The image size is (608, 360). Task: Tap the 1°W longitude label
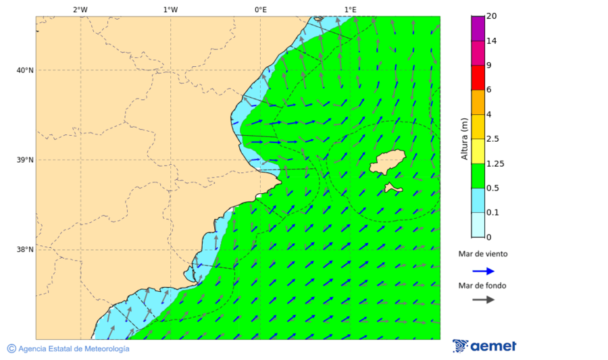click(x=170, y=9)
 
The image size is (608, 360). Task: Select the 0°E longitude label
click(x=260, y=9)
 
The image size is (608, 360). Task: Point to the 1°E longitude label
click(x=350, y=9)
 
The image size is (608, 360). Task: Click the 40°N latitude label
click(x=25, y=70)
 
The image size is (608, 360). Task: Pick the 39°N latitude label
click(x=25, y=160)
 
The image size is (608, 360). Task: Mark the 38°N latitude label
click(x=25, y=250)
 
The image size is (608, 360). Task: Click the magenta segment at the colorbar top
click(x=478, y=28)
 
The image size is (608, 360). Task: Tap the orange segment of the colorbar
click(x=478, y=102)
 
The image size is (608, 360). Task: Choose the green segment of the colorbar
click(x=478, y=176)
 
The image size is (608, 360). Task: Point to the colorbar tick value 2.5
click(x=492, y=139)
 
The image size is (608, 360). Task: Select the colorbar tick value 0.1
click(x=492, y=213)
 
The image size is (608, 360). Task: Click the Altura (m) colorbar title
click(x=464, y=138)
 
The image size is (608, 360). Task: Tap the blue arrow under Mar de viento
click(x=483, y=271)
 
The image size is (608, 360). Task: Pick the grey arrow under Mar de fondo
click(x=483, y=300)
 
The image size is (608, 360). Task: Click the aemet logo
click(x=484, y=346)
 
